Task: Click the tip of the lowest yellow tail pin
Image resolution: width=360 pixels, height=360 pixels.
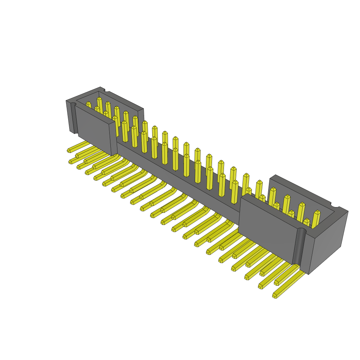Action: [x=275, y=296]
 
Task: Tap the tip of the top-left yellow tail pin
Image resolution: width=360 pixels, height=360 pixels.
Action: [x=69, y=150]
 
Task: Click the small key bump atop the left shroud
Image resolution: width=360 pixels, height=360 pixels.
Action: [x=102, y=88]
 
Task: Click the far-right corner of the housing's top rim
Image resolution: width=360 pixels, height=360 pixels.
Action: [x=348, y=211]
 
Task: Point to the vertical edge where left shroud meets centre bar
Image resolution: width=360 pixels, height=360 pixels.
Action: [x=116, y=137]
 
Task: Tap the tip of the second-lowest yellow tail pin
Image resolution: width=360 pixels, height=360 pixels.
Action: [x=261, y=286]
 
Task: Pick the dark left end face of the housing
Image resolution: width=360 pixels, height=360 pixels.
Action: [x=70, y=116]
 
